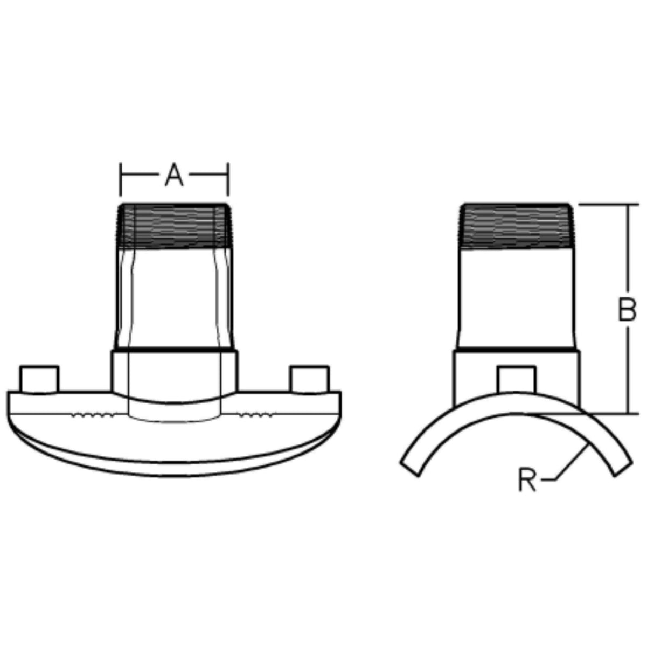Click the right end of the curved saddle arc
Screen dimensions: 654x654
623,467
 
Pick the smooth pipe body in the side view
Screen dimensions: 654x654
516,299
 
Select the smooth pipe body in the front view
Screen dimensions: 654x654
174,299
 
